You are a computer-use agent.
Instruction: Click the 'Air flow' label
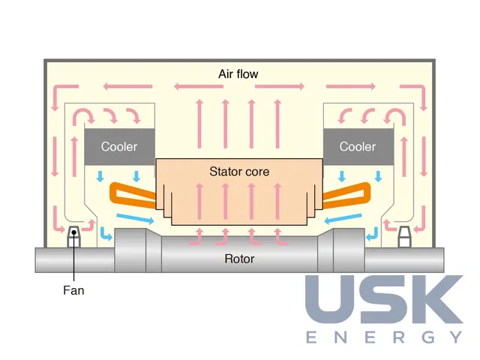click(x=238, y=74)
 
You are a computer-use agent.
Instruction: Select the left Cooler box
click(x=120, y=147)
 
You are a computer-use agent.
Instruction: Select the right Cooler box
click(x=358, y=147)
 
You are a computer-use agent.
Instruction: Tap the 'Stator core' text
click(x=239, y=172)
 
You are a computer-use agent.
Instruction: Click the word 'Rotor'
click(x=239, y=259)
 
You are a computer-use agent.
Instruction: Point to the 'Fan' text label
click(x=73, y=290)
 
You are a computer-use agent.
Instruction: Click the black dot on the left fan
click(x=73, y=232)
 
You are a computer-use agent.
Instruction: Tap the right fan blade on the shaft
click(x=404, y=237)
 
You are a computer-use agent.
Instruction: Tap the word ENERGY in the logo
click(x=385, y=337)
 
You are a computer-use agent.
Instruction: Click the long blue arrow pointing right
click(x=135, y=217)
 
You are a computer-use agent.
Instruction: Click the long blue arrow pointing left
click(x=343, y=218)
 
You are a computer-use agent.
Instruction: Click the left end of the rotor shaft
click(x=36, y=260)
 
